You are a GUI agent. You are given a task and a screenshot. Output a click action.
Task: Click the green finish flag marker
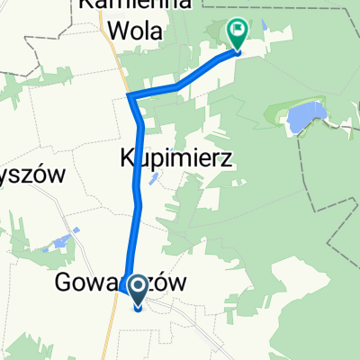(238, 34)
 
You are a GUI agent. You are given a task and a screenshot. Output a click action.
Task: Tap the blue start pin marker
(139, 290)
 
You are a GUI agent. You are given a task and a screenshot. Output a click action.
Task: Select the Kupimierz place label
(176, 159)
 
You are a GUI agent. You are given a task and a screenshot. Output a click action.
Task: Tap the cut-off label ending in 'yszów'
(33, 175)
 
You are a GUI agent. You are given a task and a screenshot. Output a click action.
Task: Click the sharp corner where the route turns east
(130, 95)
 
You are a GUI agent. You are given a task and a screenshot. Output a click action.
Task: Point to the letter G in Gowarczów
(66, 283)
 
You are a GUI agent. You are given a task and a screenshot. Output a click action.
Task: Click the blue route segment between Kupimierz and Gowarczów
(138, 225)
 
